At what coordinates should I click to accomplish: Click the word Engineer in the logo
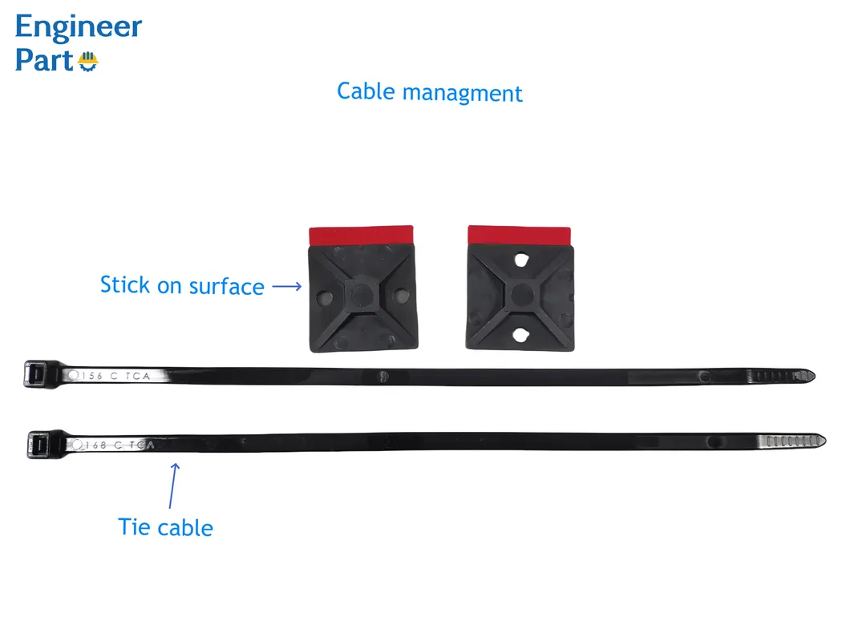79,27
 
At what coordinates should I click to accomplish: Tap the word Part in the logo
44,61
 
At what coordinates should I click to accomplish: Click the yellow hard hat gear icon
87,61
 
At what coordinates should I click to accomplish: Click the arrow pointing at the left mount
286,284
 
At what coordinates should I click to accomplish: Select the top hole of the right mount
522,261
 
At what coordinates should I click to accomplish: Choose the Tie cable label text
166,528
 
